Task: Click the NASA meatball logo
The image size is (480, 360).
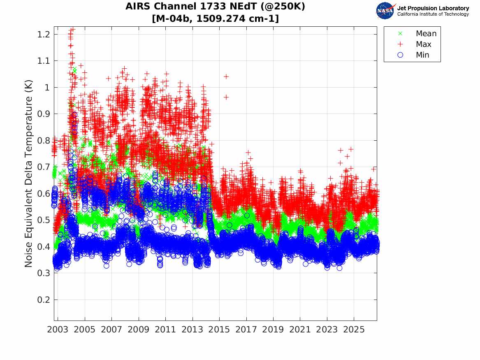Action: point(385,11)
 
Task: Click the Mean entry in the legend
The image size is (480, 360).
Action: point(418,33)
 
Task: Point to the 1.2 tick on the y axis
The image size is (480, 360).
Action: point(43,34)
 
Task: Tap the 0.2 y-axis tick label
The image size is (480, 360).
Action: point(43,300)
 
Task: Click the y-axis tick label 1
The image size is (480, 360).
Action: point(47,87)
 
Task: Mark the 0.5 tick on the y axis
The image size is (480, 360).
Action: point(43,220)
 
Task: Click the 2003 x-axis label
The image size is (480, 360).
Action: point(58,330)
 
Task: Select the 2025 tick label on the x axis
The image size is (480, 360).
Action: point(354,330)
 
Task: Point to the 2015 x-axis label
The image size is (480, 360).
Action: point(219,330)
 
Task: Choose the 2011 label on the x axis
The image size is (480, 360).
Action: point(165,330)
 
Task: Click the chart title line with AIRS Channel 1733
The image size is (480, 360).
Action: point(215,6)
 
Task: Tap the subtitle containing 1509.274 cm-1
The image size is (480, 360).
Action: point(215,19)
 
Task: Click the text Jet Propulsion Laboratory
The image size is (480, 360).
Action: point(433,8)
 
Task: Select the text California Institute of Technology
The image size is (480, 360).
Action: point(433,14)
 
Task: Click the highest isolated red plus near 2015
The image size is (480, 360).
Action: point(226,77)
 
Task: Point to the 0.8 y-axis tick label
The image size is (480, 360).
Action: point(43,141)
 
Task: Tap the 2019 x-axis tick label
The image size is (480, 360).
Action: point(273,330)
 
